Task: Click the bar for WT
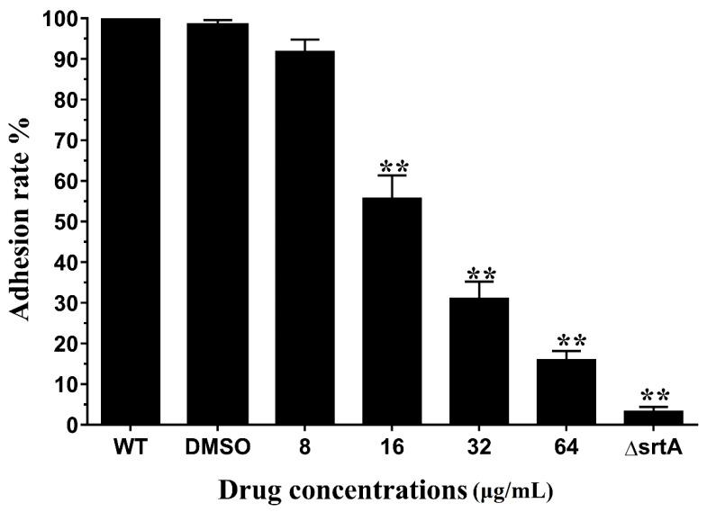point(131,220)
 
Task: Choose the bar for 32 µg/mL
point(480,361)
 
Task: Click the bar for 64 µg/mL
point(567,391)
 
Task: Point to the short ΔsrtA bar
point(654,418)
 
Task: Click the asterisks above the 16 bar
point(394,166)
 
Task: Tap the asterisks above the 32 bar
point(480,274)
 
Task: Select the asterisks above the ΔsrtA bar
point(655,395)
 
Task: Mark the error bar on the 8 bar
point(305,45)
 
